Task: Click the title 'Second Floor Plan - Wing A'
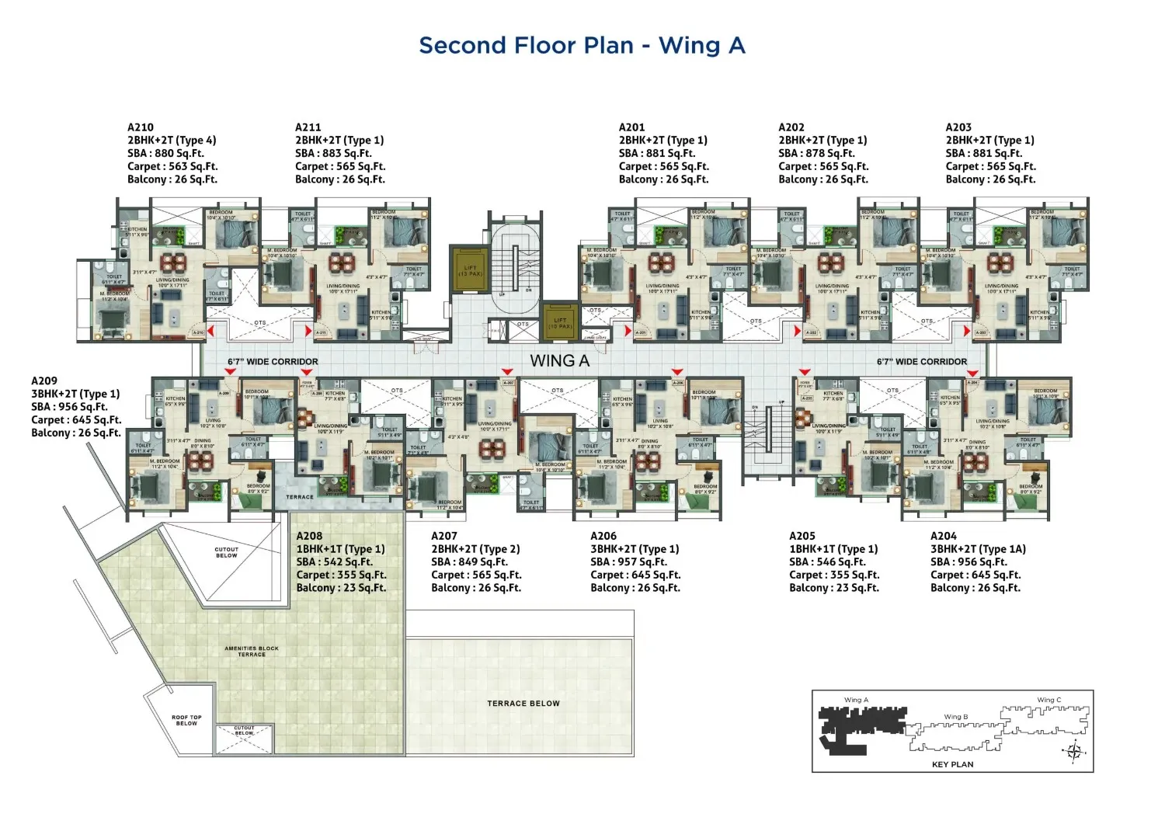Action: coord(582,46)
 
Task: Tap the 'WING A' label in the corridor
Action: coord(559,361)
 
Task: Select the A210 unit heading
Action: coord(141,127)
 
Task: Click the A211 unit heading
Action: coord(308,127)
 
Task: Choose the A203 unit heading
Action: coord(958,127)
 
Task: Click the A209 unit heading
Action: coord(44,381)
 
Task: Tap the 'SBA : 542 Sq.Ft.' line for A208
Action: coord(334,562)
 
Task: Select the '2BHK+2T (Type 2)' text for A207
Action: coord(475,549)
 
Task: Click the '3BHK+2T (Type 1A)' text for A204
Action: coord(978,549)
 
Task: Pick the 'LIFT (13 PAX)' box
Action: coord(470,270)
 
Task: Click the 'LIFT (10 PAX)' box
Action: coord(559,322)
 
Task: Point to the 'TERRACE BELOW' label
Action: coord(523,704)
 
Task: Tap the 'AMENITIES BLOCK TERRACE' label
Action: coord(251,652)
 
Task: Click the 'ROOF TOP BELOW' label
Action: coord(186,720)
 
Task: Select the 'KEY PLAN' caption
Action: coord(952,764)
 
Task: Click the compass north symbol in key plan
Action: coord(1075,751)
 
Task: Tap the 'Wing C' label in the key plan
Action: coord(1048,700)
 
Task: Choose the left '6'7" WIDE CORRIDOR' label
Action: coord(273,362)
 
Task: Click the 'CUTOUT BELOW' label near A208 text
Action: coord(227,552)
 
